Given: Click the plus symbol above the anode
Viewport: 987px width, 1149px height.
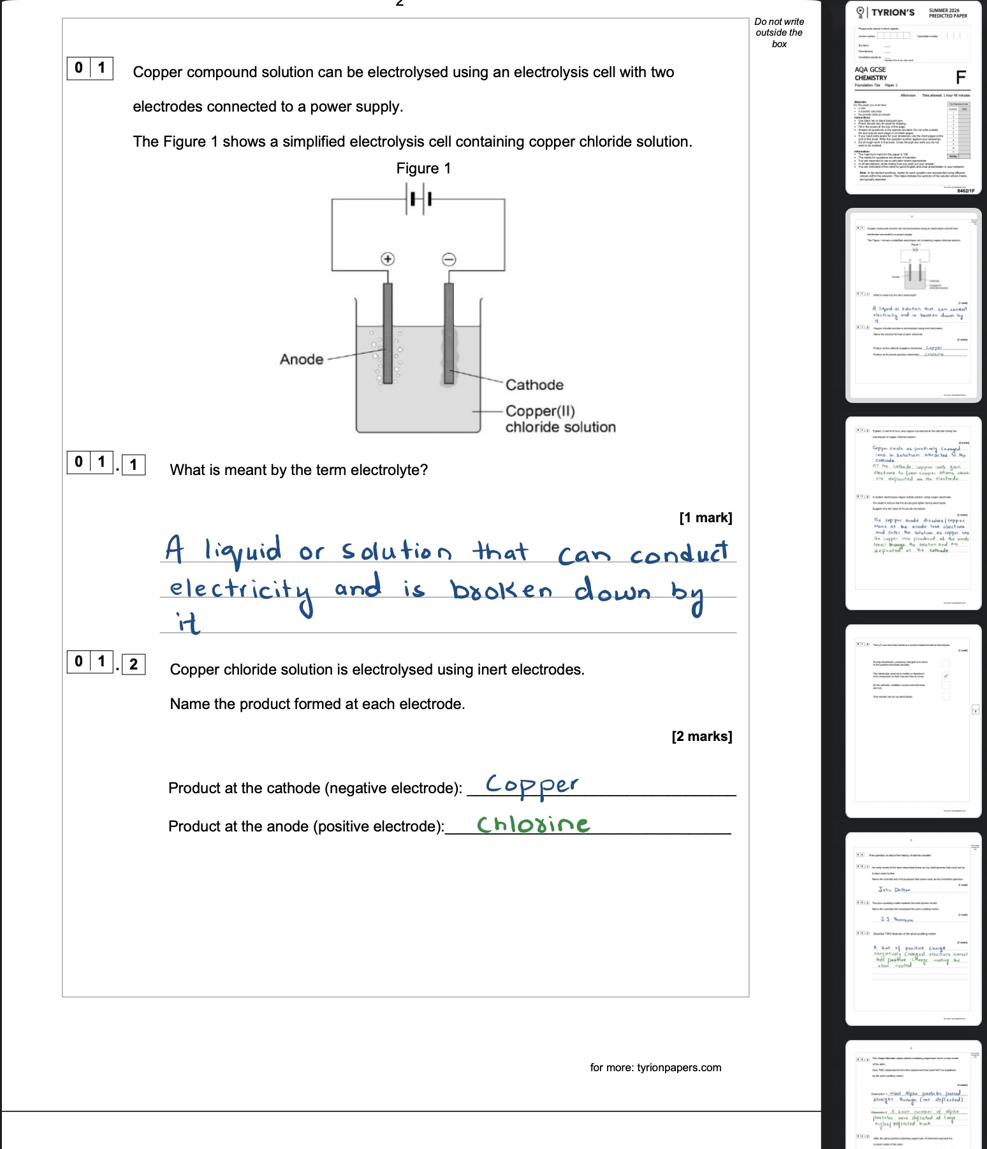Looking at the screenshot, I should [388, 258].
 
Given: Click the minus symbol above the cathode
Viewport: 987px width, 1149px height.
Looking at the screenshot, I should [449, 259].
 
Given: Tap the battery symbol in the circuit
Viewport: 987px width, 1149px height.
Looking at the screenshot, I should [418, 199].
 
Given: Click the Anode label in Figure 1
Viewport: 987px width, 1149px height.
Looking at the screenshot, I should [302, 360].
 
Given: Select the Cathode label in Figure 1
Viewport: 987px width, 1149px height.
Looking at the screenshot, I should [534, 385].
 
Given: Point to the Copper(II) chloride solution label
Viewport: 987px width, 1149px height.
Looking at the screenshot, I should [560, 419].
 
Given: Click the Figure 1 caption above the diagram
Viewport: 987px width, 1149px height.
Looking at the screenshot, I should [423, 168].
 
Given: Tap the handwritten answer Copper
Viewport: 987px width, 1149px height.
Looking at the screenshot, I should [532, 785].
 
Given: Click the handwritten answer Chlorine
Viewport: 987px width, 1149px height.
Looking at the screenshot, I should [533, 824].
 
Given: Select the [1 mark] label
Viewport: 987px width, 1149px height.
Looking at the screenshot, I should [705, 518].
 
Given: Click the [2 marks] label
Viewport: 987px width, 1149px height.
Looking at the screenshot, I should [701, 736].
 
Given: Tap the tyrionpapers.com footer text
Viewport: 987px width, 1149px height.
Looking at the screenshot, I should [655, 1067].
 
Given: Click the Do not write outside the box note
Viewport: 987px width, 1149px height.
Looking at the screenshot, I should [779, 33].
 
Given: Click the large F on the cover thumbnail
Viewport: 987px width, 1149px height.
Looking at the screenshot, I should [961, 78].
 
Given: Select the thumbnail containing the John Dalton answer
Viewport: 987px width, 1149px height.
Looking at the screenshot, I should [913, 928].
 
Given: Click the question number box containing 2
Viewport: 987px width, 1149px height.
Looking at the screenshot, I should [133, 664].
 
